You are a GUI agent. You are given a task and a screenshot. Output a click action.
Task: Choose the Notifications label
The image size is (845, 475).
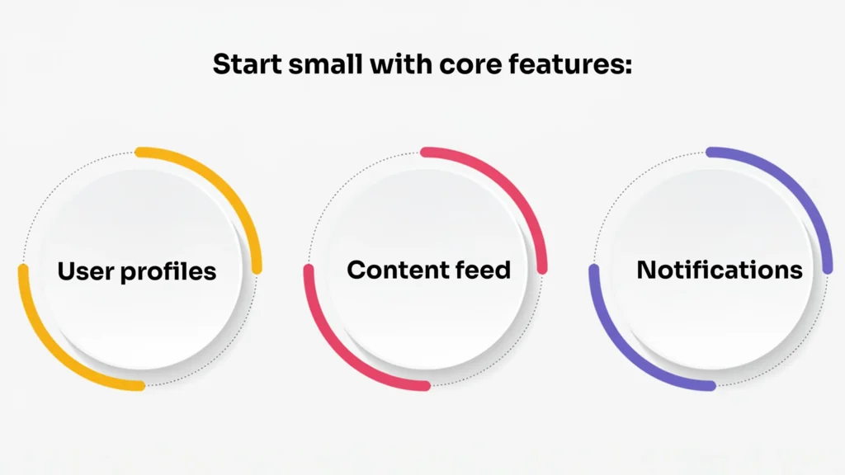(719, 270)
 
